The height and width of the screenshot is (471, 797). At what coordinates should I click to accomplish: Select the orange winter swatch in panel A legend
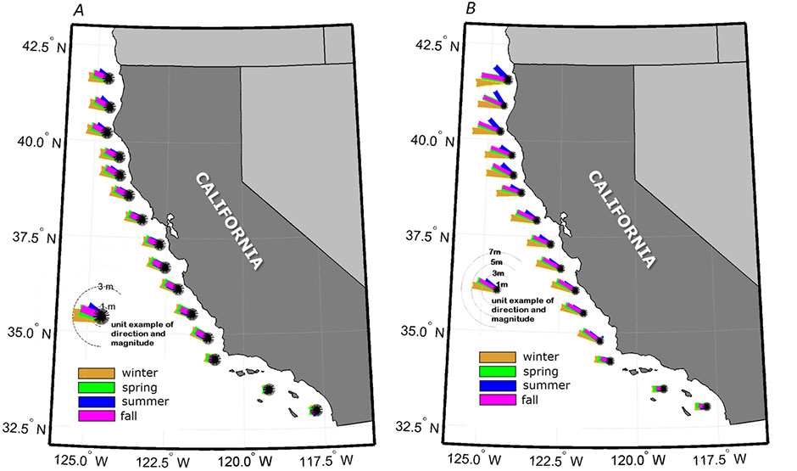tap(90, 372)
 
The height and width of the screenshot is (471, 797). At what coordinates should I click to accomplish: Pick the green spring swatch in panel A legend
tap(90, 386)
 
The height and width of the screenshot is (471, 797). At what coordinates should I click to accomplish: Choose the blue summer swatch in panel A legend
tap(90, 401)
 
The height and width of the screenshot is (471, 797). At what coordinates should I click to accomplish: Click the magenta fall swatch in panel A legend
tap(90, 415)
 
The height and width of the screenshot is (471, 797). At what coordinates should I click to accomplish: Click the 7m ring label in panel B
tap(497, 253)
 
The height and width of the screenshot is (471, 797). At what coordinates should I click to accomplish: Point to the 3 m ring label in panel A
tap(107, 289)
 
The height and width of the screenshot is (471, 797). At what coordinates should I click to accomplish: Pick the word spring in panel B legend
tap(541, 371)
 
